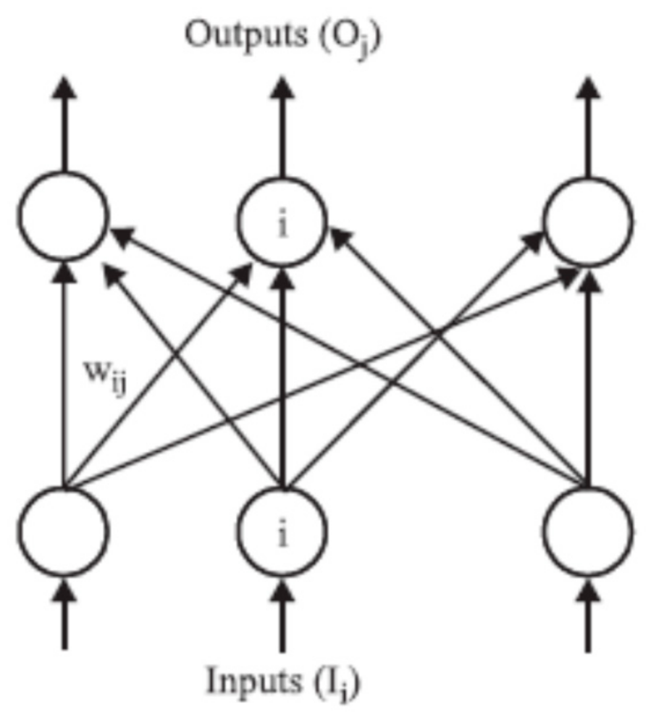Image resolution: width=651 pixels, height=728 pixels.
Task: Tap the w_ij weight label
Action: [106, 375]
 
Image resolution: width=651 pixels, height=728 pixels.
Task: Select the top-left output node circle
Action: [64, 216]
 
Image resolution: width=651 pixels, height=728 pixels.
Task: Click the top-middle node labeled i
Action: [283, 216]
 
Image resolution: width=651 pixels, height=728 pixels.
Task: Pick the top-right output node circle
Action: [588, 216]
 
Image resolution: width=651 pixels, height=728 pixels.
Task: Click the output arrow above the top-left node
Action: [64, 127]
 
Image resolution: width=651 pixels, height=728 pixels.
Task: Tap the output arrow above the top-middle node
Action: [283, 127]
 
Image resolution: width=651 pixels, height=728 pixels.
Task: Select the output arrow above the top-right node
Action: [588, 127]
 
